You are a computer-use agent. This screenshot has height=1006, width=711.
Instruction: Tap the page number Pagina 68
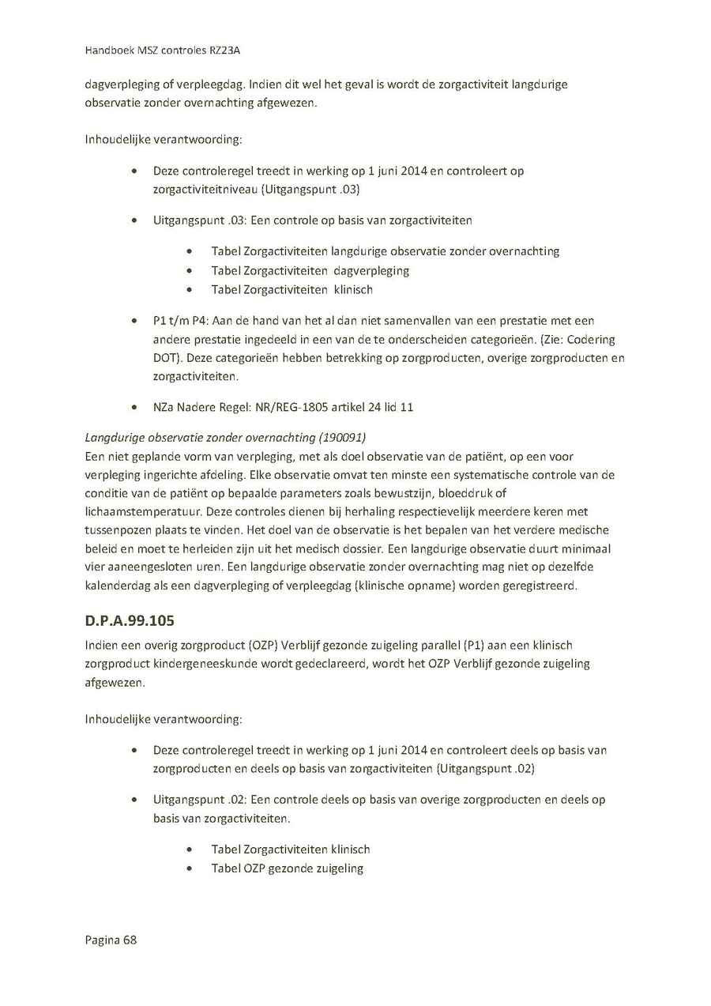pyautogui.click(x=111, y=940)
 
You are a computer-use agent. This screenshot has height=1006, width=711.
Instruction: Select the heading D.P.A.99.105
pyautogui.click(x=130, y=620)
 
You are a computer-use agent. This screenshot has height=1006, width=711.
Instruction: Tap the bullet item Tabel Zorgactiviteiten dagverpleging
pyautogui.click(x=310, y=270)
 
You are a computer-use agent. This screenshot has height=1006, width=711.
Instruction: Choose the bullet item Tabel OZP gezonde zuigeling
pyautogui.click(x=287, y=868)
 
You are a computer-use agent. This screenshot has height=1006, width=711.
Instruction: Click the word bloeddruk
pyautogui.click(x=462, y=494)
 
